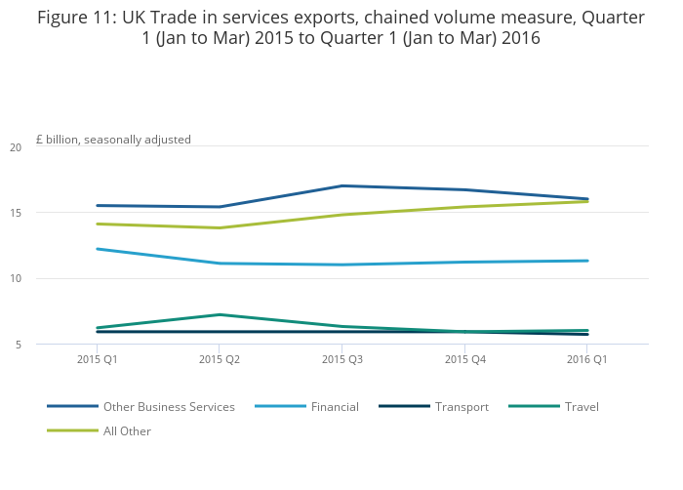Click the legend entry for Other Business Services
(169, 406)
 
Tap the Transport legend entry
(462, 406)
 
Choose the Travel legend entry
(582, 406)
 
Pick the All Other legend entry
(127, 430)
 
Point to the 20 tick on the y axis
(16, 147)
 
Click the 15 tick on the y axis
(16, 213)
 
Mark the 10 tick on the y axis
(16, 278)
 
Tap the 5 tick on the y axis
(19, 344)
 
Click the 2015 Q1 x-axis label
(97, 359)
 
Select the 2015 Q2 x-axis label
(220, 359)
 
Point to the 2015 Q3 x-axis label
(342, 359)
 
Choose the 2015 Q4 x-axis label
(464, 359)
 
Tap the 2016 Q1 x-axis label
(587, 359)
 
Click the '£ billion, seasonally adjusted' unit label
(113, 140)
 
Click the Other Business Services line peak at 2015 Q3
(342, 185)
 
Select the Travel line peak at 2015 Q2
(220, 314)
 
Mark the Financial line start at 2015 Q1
(97, 249)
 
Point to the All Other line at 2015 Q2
(220, 227)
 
